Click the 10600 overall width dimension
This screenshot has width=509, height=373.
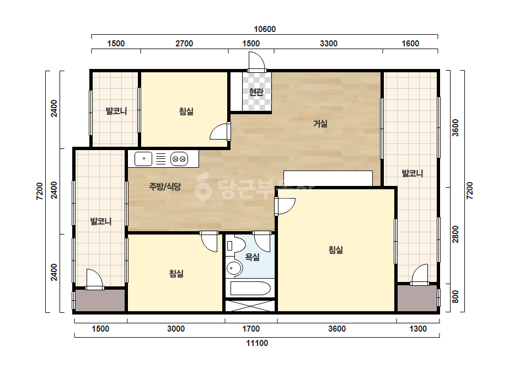pos(265,29)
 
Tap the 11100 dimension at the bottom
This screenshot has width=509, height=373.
pos(257,343)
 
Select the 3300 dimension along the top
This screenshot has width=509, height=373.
pos(329,43)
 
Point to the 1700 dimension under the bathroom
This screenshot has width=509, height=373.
pos(251,329)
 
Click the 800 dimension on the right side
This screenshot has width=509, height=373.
pos(456,297)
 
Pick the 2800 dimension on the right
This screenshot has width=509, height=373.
pos(456,234)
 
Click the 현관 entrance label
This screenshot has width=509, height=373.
pos(256,92)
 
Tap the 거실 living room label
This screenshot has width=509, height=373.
pos(320,124)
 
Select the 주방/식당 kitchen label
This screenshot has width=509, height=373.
pos(165,186)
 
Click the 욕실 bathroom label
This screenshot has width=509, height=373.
pos(252,257)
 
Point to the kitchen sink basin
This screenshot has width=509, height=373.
pos(143,159)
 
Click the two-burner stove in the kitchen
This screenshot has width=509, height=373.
pos(179,159)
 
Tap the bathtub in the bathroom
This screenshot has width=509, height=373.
pos(250,288)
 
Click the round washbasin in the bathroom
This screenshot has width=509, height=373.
pos(234,269)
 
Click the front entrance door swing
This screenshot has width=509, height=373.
pos(257,62)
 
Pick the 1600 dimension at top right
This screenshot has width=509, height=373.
pos(410,43)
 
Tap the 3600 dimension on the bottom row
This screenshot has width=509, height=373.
pos(337,329)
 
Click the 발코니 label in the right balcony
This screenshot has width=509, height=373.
pos(412,173)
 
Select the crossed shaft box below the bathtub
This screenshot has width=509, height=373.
pos(250,306)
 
